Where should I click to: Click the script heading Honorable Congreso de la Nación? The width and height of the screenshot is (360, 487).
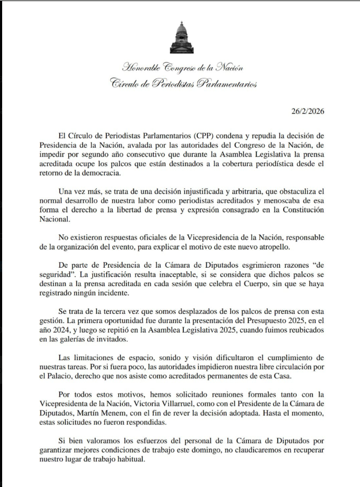click(x=183, y=68)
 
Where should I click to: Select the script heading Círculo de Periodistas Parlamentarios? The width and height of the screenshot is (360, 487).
click(x=183, y=84)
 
